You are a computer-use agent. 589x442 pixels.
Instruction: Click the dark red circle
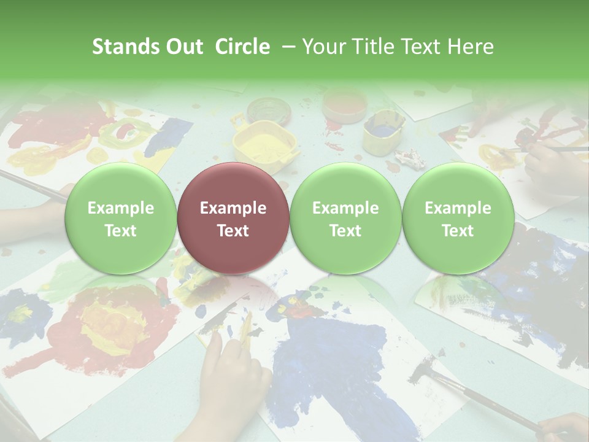point(233,218)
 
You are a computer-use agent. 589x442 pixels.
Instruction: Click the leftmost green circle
point(120,218)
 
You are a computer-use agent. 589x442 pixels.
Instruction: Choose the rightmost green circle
point(458,218)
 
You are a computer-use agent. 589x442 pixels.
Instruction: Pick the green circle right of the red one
point(345,218)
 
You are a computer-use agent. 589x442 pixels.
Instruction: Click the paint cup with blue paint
point(383,130)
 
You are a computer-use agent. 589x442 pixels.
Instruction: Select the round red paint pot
point(344,104)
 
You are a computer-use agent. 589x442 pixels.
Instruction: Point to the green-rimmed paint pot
point(269,111)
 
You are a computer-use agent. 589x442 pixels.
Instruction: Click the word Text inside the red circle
point(233,231)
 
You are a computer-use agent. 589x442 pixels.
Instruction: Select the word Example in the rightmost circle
point(458,208)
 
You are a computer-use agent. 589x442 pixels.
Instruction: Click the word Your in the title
point(322,47)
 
